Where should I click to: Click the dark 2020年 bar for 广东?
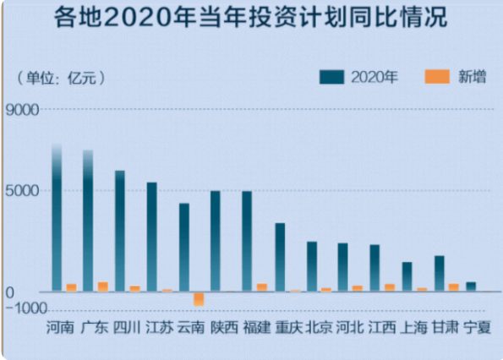tap(88, 221)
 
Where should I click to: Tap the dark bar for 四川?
tap(120, 231)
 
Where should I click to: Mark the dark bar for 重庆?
tap(280, 257)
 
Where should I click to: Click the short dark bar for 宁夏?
tap(471, 286)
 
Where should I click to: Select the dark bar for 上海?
tap(407, 276)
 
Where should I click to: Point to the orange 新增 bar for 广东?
tap(102, 286)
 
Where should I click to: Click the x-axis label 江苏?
tap(160, 327)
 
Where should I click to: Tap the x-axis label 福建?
tap(255, 327)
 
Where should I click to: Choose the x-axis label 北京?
tap(319, 327)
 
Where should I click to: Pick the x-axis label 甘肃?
tap(446, 327)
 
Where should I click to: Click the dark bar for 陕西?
tap(216, 241)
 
